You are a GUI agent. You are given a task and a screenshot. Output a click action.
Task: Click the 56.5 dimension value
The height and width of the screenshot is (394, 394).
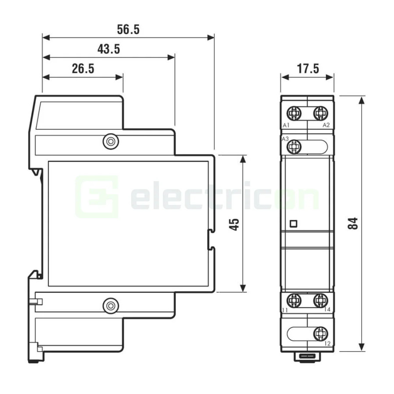point(128,29)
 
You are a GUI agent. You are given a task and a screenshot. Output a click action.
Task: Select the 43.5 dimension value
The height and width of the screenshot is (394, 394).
point(109,49)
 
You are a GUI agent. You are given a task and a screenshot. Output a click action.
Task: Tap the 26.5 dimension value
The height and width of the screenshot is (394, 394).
point(83,69)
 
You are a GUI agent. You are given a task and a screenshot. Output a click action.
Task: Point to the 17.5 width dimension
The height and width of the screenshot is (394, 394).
point(308,69)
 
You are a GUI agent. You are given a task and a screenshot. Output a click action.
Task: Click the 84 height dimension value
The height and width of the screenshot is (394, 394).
point(353,223)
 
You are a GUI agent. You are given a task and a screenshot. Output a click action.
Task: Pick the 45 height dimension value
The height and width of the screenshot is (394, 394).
point(234,225)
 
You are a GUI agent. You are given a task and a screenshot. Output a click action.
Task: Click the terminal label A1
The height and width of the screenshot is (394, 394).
point(286,125)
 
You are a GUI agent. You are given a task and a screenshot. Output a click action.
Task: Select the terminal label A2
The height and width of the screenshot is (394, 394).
point(326,125)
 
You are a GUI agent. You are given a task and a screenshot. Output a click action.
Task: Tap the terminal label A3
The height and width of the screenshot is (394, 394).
point(285,139)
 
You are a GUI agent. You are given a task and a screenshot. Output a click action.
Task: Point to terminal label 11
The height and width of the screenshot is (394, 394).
point(285,310)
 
